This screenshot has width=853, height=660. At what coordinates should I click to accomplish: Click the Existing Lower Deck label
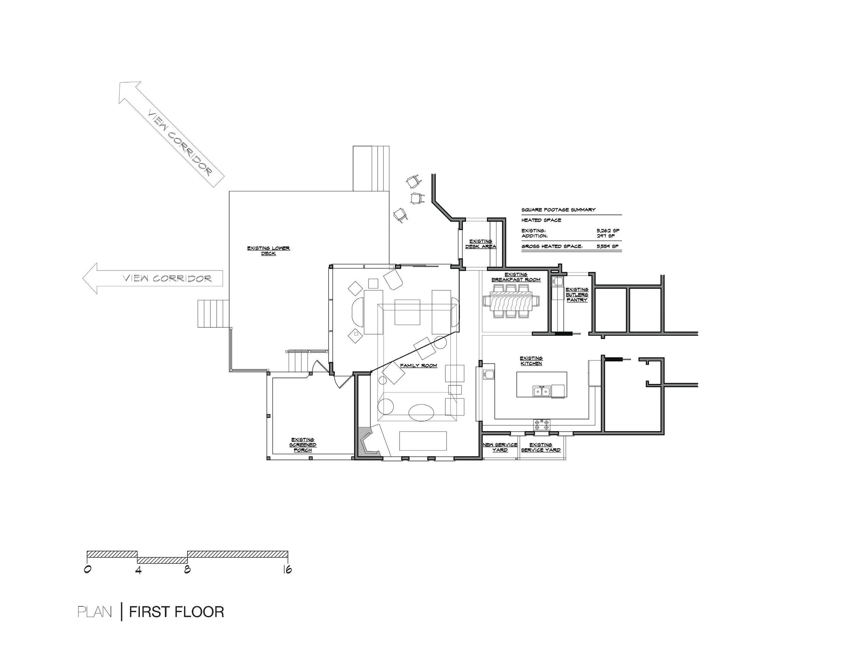[x=269, y=251]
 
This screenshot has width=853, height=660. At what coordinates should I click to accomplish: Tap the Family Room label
[x=418, y=366]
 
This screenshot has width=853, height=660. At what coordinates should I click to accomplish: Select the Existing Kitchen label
[x=531, y=360]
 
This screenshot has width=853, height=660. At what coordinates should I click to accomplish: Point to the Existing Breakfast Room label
[x=516, y=277]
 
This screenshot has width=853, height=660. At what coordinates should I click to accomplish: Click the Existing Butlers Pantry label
[x=577, y=295]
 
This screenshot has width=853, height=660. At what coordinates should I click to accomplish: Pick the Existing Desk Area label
[x=481, y=244]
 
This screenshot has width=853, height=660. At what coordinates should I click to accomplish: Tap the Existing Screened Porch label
[x=303, y=445]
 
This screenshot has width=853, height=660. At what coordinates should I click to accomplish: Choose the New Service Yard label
[x=500, y=447]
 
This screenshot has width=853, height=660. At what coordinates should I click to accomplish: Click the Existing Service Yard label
[x=541, y=447]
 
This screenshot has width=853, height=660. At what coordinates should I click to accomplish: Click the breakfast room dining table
[x=511, y=301]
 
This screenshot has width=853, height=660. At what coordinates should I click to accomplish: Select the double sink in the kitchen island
[x=542, y=391]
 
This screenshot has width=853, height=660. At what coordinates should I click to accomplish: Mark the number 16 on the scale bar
[x=287, y=570]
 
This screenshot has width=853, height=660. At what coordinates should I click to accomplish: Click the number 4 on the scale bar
[x=138, y=570]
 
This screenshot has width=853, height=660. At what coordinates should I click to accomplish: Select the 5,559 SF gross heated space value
[x=607, y=246]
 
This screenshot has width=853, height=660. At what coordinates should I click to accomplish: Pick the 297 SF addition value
[x=605, y=236]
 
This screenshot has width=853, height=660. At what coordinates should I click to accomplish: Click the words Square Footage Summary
[x=559, y=209]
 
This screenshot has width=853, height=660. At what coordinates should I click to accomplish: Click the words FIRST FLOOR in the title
[x=176, y=612]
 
